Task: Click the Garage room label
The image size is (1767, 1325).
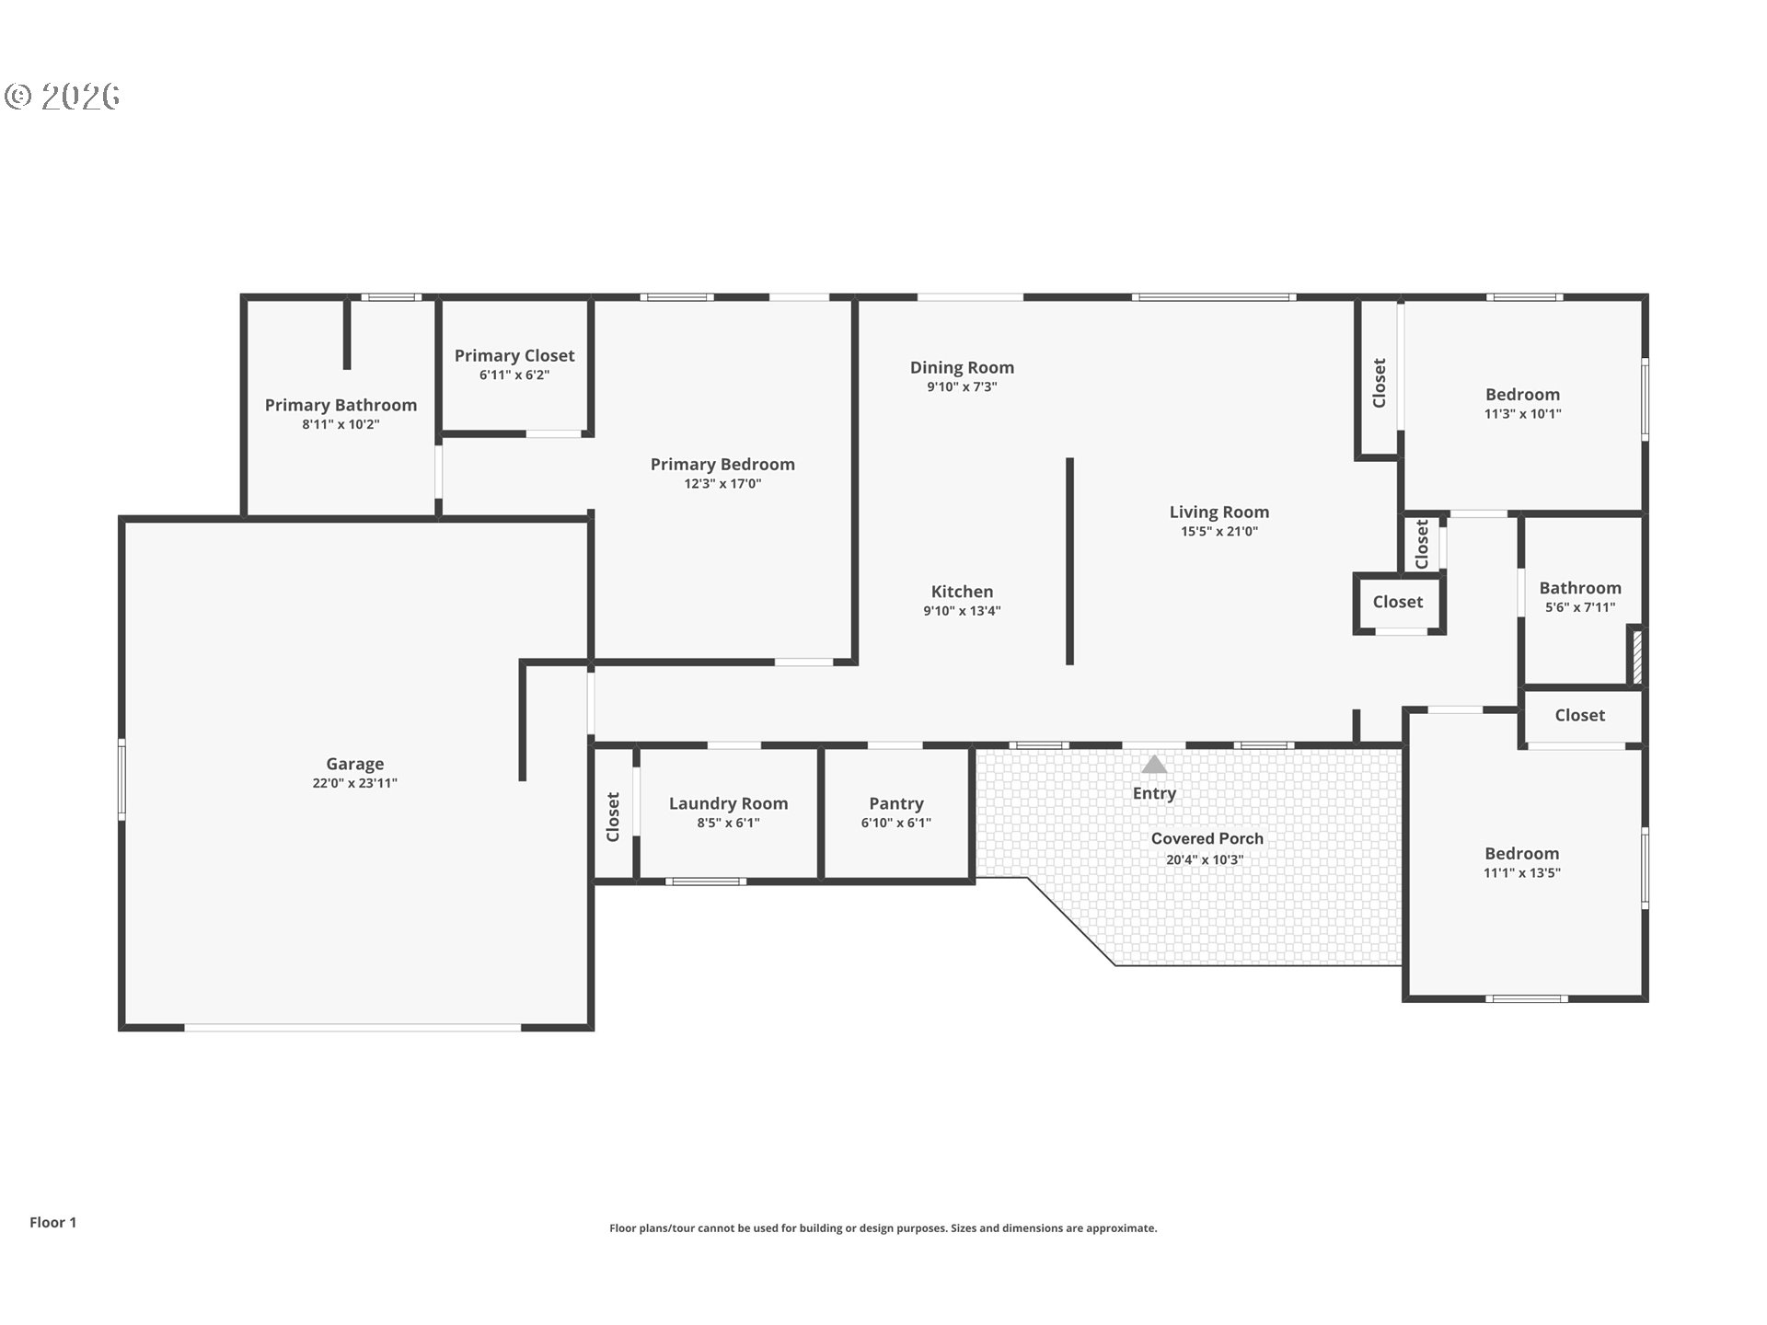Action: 354,764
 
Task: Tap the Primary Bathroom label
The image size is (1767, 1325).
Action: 341,405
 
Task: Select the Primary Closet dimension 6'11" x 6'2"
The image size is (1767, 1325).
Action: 514,375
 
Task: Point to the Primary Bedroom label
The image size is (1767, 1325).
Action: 722,465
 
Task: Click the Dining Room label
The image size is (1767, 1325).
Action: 962,368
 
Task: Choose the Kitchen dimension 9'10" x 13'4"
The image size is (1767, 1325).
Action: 962,611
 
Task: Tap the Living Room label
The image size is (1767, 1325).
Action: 1219,513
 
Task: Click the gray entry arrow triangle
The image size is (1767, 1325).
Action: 1154,765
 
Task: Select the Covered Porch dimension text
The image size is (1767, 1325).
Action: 1205,860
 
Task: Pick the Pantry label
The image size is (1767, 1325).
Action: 896,804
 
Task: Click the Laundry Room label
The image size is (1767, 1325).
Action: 728,804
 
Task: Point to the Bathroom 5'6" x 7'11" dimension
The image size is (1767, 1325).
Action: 1580,607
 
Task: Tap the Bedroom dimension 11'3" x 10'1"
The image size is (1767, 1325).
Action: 1522,414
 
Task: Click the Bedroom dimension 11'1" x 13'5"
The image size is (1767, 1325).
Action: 1521,873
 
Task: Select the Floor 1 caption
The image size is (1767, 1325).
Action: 52,1222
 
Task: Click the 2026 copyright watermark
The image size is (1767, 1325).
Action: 63,97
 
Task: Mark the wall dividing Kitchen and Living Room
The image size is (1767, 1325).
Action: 1069,561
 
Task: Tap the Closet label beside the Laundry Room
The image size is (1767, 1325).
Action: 613,816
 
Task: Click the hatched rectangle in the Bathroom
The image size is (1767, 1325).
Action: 1636,654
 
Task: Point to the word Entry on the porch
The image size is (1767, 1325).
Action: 1154,794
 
